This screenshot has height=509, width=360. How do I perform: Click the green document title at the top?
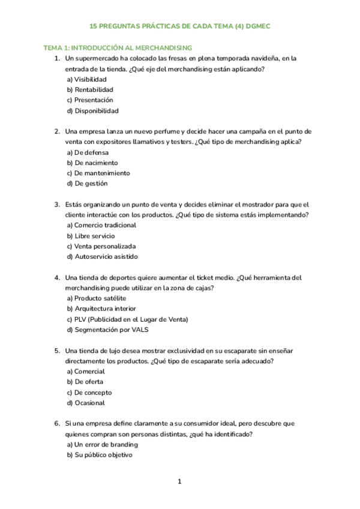pyautogui.click(x=180, y=27)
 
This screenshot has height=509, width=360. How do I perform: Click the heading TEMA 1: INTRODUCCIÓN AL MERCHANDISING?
pyautogui.click(x=117, y=47)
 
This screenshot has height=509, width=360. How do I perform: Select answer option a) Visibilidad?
pyautogui.click(x=87, y=79)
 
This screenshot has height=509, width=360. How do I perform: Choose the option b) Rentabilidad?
pyautogui.click(x=90, y=89)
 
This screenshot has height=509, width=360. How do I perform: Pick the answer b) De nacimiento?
pyautogui.click(x=92, y=163)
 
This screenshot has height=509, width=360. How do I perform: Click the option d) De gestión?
pyautogui.click(x=87, y=184)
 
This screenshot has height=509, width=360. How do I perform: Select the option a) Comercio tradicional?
pyautogui.click(x=101, y=225)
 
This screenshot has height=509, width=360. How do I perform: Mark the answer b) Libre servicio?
pyautogui.click(x=91, y=236)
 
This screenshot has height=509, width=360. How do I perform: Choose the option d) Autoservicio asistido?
pyautogui.click(x=102, y=257)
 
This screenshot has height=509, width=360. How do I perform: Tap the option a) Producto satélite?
pyautogui.click(x=97, y=298)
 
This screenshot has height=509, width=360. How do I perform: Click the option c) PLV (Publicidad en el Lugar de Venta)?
pyautogui.click(x=127, y=319)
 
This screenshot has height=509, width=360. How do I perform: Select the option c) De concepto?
pyautogui.click(x=89, y=392)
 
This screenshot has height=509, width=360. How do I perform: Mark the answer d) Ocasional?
pyautogui.click(x=86, y=403)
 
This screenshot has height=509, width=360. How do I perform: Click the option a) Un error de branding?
pyautogui.click(x=102, y=445)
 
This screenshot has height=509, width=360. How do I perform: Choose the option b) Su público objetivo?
pyautogui.click(x=99, y=455)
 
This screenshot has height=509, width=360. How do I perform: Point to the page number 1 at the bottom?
pyautogui.click(x=179, y=481)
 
